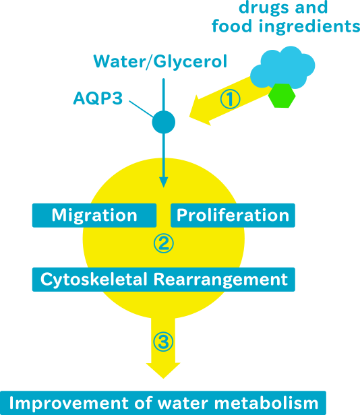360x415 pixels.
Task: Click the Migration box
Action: [x=94, y=215]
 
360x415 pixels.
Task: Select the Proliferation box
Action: [x=233, y=215]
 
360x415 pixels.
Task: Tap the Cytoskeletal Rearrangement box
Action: [x=164, y=280]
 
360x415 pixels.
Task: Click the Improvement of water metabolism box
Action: [x=163, y=403]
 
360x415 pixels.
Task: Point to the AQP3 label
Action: [x=98, y=98]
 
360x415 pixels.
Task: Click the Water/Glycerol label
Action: [x=160, y=62]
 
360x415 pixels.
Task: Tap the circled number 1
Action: [x=230, y=99]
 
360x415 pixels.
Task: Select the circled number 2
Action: [x=164, y=243]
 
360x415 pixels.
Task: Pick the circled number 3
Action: [x=163, y=342]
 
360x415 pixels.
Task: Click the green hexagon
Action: [x=282, y=96]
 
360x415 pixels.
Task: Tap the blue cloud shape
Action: [x=282, y=66]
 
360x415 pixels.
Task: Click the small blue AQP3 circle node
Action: [x=164, y=122]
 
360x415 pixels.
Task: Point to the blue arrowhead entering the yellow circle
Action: [x=164, y=182]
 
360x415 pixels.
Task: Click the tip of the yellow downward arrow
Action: [x=163, y=378]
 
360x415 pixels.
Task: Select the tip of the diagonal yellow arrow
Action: [x=189, y=117]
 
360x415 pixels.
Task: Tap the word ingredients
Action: [x=309, y=26]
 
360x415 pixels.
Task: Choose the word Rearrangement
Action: [x=220, y=280]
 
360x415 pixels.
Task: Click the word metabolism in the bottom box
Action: [x=266, y=403]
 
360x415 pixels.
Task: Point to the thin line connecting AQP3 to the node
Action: [x=141, y=108]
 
